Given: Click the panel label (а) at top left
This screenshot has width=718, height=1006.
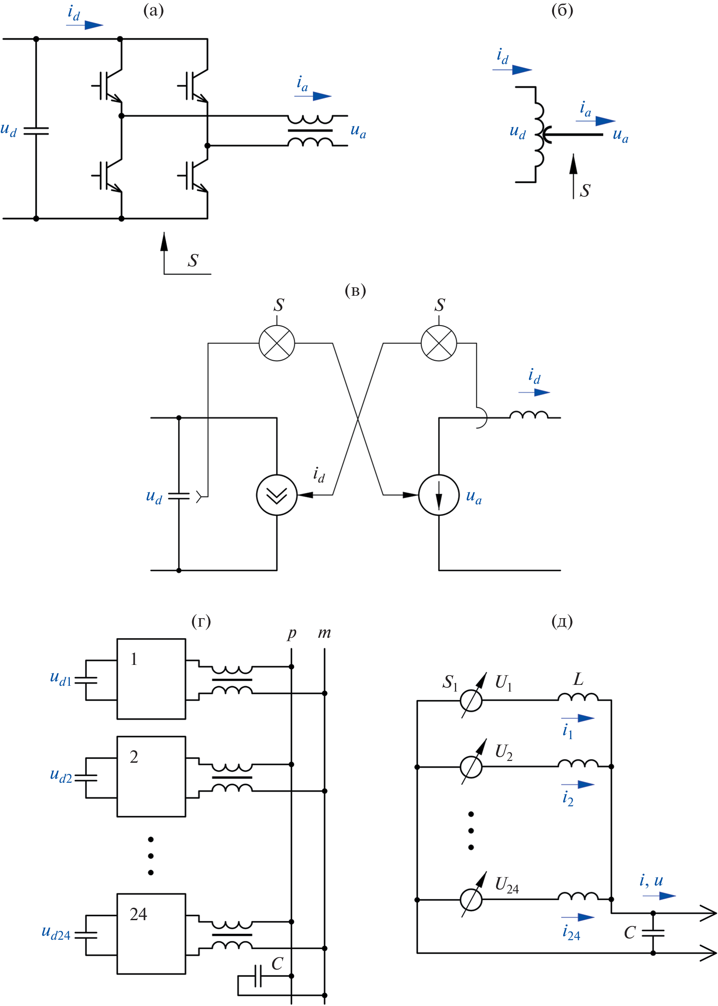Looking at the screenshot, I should click(x=153, y=10).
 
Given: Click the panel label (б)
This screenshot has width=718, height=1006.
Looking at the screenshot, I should click(x=562, y=10).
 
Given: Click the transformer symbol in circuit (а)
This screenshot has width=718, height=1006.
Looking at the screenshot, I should click(x=310, y=131).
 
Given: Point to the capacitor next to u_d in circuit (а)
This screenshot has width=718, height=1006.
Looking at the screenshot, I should click(x=36, y=131).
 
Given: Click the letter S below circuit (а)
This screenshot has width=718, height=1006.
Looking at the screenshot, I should click(x=193, y=261).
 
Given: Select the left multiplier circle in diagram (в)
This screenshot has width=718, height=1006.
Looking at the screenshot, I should click(x=277, y=343).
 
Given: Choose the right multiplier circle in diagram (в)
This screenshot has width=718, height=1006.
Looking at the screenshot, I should click(x=439, y=343).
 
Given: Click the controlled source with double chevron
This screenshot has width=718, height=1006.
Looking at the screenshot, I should click(x=277, y=495).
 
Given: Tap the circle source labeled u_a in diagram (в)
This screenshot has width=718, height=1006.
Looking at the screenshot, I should click(x=439, y=495).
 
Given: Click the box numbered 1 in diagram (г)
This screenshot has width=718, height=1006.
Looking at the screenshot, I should click(x=151, y=679).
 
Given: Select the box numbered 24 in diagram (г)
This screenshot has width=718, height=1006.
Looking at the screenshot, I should click(x=151, y=934).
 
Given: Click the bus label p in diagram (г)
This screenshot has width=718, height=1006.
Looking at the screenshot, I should click(x=292, y=633).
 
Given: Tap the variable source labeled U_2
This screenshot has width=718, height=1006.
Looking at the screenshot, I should click(x=471, y=767).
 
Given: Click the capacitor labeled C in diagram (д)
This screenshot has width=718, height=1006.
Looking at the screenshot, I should click(x=653, y=933).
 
